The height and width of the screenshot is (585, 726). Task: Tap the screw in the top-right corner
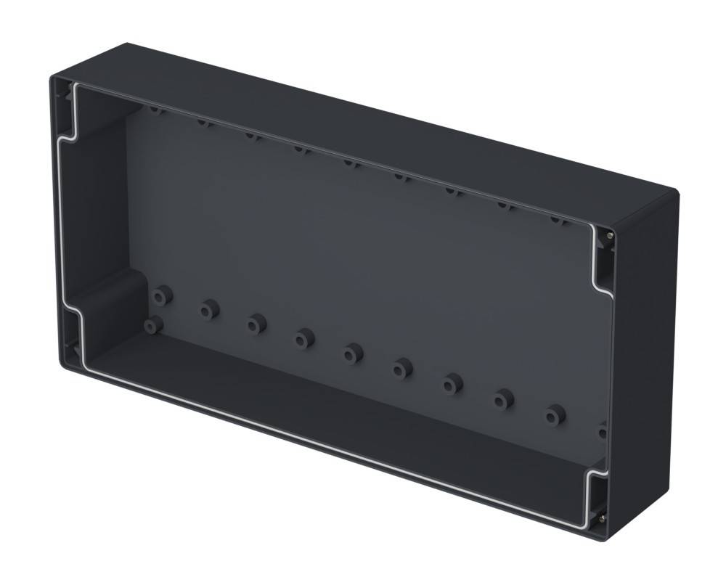pos(608,234)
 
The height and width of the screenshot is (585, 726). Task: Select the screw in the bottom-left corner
pos(75,349)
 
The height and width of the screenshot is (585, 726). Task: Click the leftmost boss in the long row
pos(161,295)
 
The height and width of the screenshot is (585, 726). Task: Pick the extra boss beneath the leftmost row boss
pos(152,325)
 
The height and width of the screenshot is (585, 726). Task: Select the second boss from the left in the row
pos(210,310)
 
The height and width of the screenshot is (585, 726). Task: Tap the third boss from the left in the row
pos(256,323)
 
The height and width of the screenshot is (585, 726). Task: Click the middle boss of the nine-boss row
pos(353,353)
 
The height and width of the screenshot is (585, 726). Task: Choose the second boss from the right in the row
pos(503,399)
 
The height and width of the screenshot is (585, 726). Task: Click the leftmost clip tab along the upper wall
pos(156,110)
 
